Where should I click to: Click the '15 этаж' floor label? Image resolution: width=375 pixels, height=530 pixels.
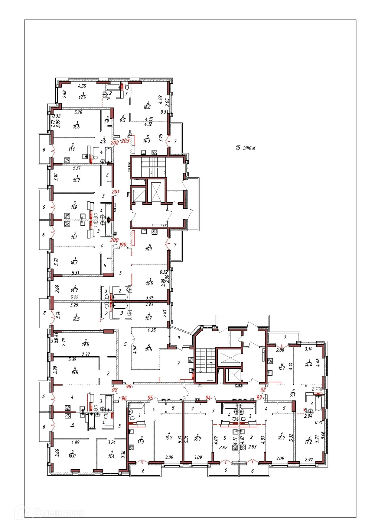(x=245, y=148)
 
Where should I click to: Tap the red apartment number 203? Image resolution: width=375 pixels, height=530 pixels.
(x=125, y=141)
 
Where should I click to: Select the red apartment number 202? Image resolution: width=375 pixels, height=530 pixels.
(x=115, y=143)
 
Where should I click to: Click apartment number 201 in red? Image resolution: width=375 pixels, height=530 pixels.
(x=116, y=191)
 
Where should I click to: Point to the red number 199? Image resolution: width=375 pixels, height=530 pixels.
(x=123, y=245)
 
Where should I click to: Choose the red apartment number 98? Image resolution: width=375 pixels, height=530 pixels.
(x=129, y=386)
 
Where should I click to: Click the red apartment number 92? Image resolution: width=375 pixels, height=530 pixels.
(x=263, y=390)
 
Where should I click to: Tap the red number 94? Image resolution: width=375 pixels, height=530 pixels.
(x=208, y=398)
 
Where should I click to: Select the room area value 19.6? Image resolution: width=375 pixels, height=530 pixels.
(x=86, y=344)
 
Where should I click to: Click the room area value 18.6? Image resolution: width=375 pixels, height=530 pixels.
(x=147, y=107)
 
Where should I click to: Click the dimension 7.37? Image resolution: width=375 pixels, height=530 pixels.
(x=86, y=354)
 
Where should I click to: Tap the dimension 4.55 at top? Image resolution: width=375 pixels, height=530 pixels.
(x=82, y=86)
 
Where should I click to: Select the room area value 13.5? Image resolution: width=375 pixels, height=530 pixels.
(x=82, y=97)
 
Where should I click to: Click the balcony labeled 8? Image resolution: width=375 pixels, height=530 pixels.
(x=44, y=313)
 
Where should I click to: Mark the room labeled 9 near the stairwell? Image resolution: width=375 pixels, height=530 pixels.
(x=179, y=338)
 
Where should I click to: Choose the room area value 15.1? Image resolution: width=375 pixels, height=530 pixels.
(x=148, y=249)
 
